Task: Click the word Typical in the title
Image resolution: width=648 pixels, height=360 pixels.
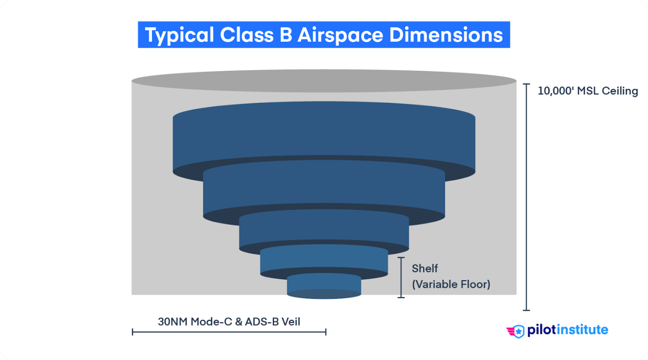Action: coord(179,35)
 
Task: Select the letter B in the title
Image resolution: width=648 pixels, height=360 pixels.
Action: coord(286,35)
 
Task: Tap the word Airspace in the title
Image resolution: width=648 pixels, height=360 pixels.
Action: coord(340,35)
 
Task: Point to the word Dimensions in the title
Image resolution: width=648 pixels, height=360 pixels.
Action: coord(446,35)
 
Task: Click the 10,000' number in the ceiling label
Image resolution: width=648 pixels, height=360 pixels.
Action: coord(555,91)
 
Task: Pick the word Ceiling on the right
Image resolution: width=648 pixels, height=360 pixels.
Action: coord(620,91)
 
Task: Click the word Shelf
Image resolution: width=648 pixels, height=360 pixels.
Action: coord(425,268)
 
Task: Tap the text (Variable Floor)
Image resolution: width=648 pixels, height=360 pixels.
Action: coord(451,284)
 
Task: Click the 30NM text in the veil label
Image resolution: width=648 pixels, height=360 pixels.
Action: coord(173,322)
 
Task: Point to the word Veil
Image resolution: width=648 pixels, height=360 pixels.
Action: coord(291,322)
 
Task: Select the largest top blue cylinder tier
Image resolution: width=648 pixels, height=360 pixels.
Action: coord(324,135)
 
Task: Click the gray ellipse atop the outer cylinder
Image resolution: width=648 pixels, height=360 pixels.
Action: coord(324,81)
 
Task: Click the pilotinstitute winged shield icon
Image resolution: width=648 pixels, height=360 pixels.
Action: coord(516,331)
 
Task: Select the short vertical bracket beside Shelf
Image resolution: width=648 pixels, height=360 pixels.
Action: coord(401,277)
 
